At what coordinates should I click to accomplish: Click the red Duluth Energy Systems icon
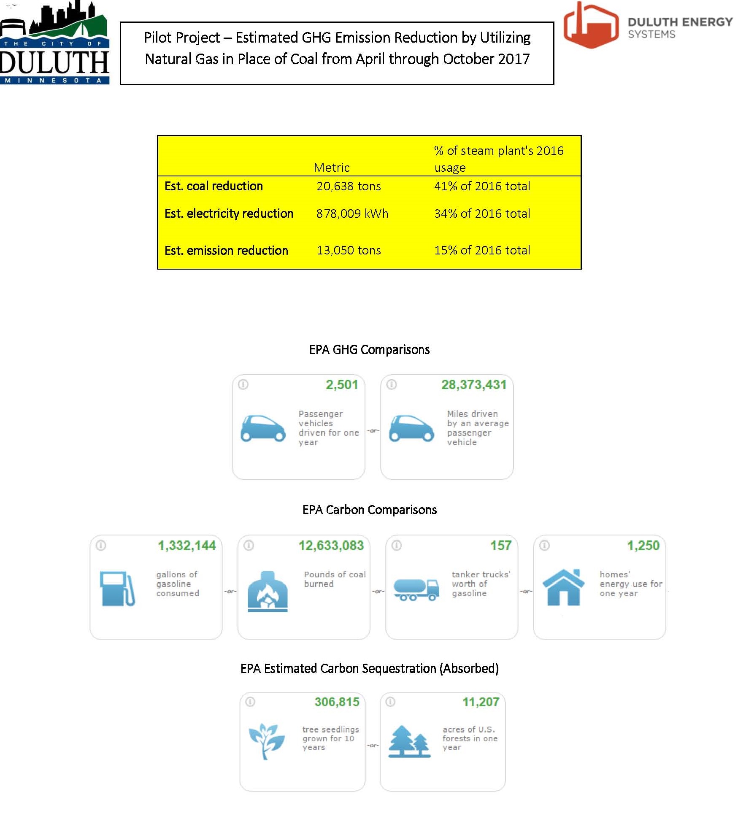[591, 25]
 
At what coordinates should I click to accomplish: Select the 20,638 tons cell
[349, 186]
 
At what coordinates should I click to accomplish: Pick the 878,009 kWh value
[352, 214]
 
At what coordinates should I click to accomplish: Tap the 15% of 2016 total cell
[482, 250]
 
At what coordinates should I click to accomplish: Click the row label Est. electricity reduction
[229, 214]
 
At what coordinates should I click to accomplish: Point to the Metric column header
[332, 168]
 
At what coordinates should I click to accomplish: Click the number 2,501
[342, 384]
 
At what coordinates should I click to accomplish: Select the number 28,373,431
[473, 384]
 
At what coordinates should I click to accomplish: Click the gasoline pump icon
[117, 588]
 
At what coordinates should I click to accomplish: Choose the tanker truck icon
[416, 589]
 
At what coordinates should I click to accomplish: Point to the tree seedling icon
[265, 741]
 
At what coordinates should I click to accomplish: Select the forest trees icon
[409, 741]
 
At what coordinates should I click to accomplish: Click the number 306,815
[337, 702]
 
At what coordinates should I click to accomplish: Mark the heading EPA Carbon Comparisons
[369, 510]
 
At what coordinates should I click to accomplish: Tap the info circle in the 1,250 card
[544, 546]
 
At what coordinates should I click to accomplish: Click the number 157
[500, 546]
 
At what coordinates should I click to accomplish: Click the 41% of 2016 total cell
[482, 186]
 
